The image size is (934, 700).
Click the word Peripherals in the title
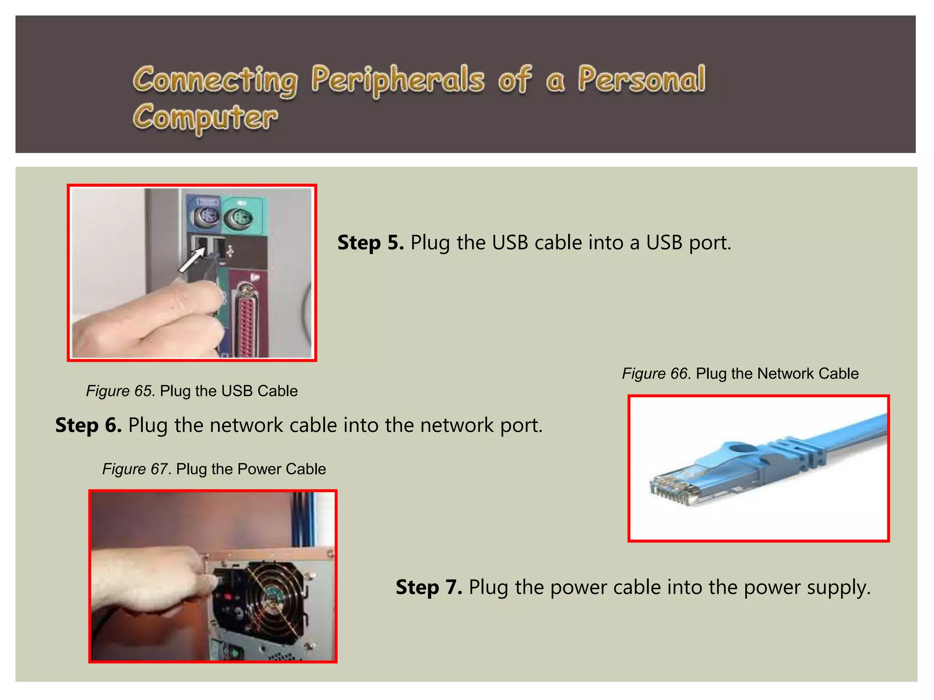pyautogui.click(x=397, y=80)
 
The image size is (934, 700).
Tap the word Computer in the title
pyautogui.click(x=205, y=118)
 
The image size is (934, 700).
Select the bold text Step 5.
pyautogui.click(x=370, y=242)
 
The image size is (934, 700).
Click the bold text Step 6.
pyautogui.click(x=88, y=425)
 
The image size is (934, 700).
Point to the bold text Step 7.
pyautogui.click(x=429, y=587)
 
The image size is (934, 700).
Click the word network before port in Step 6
pyautogui.click(x=457, y=425)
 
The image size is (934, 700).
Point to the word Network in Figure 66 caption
pyautogui.click(x=785, y=374)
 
